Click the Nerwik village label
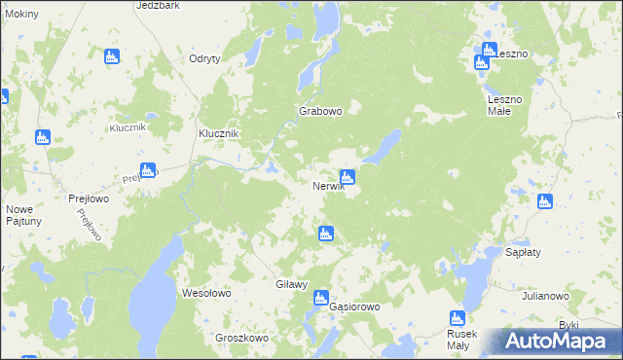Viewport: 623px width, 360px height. click(x=328, y=187)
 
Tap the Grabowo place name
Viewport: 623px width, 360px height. click(x=320, y=111)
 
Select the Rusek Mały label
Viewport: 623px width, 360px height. click(x=458, y=339)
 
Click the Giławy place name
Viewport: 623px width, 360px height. click(x=292, y=285)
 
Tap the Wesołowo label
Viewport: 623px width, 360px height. click(x=206, y=292)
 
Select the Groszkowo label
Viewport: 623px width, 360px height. click(x=240, y=338)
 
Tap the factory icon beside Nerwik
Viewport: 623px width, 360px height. click(x=347, y=177)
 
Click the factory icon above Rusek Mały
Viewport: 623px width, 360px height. click(x=457, y=317)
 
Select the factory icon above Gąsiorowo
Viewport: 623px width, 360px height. click(x=322, y=298)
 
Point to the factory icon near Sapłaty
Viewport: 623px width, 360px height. click(x=544, y=201)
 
